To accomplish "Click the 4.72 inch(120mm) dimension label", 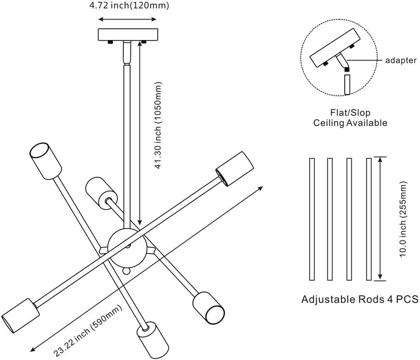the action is coord(129,5).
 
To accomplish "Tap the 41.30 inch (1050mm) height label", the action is coord(159,125).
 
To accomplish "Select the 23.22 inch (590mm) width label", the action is coord(88,331).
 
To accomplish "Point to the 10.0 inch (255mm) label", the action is coord(403,219).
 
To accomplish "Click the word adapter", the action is coord(401,60).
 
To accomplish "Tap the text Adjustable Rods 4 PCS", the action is coord(360,299).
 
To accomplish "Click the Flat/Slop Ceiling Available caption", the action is coord(350,117).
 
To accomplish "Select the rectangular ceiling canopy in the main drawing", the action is coord(128,35).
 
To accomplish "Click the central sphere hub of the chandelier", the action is coord(127,247).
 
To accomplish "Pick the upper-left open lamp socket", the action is coord(46,161).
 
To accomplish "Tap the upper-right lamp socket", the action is coord(234,169).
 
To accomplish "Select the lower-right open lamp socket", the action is coord(209,308).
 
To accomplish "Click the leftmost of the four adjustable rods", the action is coord(312,219).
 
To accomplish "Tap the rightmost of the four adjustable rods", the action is coord(369,219).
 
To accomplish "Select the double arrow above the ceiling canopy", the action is coord(127,19).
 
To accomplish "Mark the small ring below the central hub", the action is coord(126,272).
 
